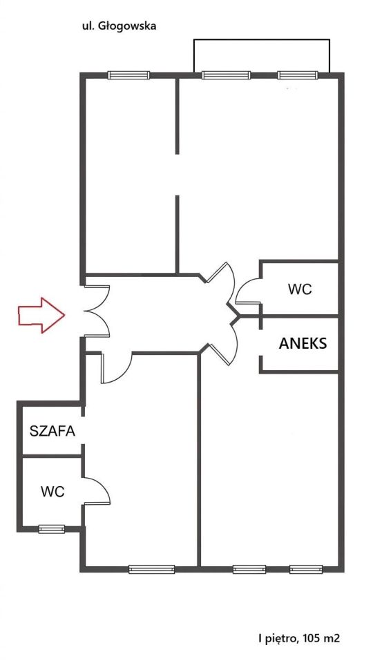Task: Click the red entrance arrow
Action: (41, 315)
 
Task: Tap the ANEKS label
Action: (303, 343)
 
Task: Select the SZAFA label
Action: (52, 431)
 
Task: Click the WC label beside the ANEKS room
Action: (300, 289)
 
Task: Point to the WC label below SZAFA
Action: (53, 492)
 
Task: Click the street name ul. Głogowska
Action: (119, 26)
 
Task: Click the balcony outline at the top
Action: (261, 40)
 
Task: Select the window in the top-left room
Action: (128, 75)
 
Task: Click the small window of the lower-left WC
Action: (52, 529)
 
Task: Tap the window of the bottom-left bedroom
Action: (152, 569)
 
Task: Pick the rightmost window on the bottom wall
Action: (306, 569)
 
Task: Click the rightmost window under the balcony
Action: (298, 75)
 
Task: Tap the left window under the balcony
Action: (227, 75)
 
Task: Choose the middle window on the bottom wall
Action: (249, 569)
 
